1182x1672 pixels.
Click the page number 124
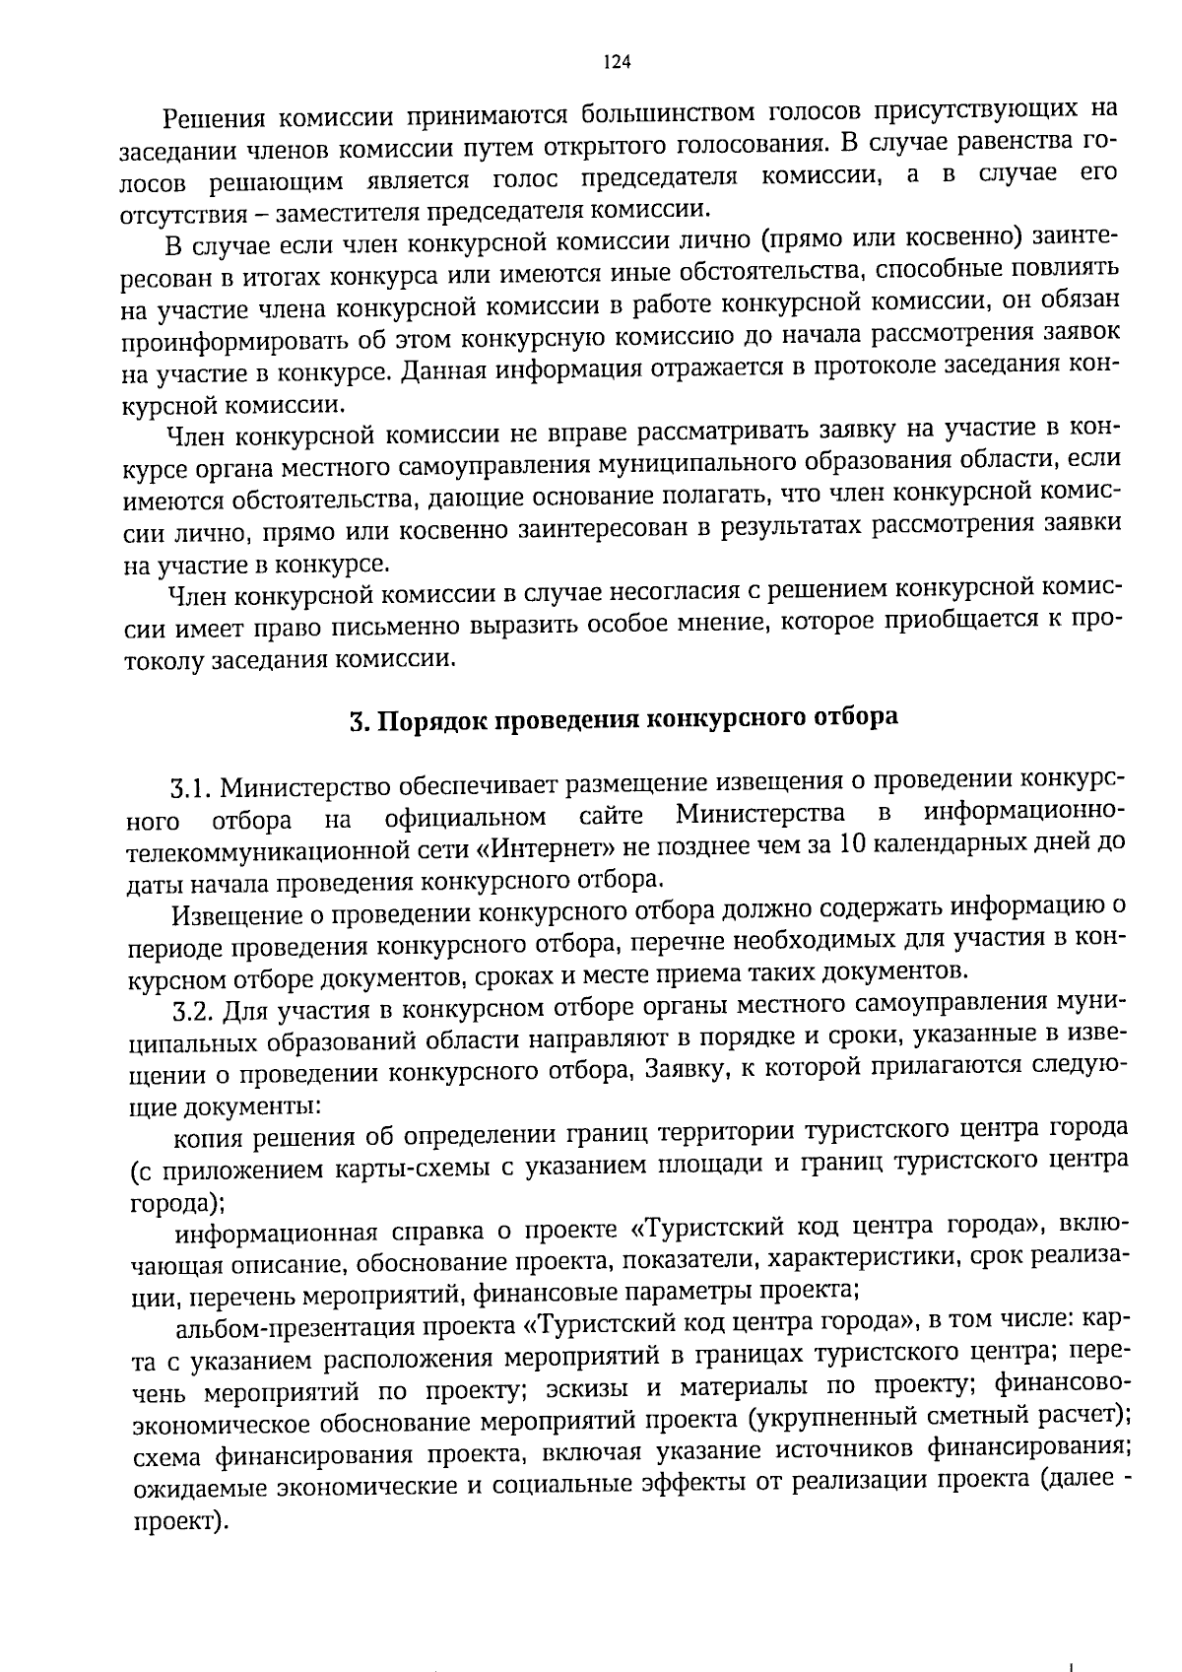[616, 62]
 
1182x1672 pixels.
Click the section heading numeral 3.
[358, 720]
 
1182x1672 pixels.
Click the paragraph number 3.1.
[191, 789]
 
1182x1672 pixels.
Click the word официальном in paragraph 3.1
[467, 818]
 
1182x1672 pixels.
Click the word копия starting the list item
[210, 1141]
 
